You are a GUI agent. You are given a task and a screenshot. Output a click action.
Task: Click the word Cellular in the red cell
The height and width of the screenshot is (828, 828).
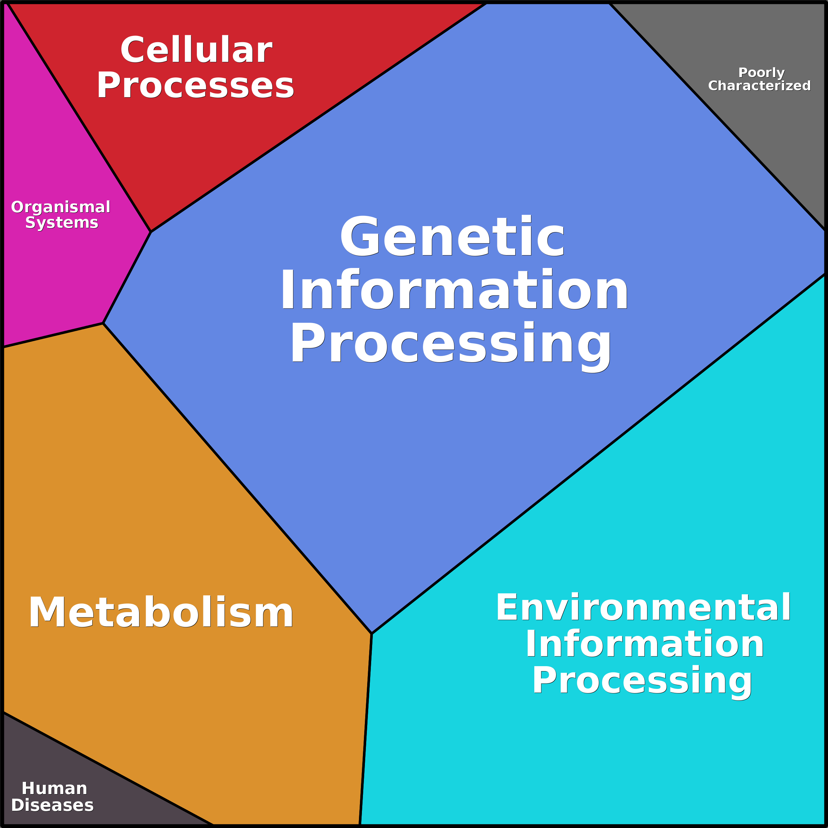[x=196, y=50]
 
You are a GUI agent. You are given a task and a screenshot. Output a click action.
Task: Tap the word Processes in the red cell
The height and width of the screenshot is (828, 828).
[x=195, y=85]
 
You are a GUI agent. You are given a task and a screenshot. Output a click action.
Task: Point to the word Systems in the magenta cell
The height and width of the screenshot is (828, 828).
[x=62, y=223]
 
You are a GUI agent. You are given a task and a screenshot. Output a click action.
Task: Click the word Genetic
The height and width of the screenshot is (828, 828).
[x=452, y=237]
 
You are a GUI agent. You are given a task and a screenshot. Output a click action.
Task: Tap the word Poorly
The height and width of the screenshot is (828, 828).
[x=761, y=73]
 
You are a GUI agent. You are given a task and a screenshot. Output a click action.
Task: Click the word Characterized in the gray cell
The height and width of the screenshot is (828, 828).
[x=759, y=86]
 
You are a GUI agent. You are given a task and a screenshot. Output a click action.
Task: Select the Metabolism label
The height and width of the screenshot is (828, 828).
[x=161, y=613]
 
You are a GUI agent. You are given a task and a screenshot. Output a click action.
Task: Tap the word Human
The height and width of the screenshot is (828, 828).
[x=54, y=788]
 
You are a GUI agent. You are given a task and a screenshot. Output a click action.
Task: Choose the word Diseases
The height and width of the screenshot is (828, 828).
[x=52, y=805]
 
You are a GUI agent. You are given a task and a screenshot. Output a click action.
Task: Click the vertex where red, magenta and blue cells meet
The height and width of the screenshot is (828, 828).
[x=151, y=232]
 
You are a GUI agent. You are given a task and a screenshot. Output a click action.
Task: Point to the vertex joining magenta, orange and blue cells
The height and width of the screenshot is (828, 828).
[x=103, y=324]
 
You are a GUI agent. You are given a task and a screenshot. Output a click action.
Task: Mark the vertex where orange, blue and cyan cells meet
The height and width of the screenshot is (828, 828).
[x=371, y=634]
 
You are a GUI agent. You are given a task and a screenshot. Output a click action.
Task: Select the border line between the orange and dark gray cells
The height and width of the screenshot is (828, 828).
[x=107, y=769]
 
